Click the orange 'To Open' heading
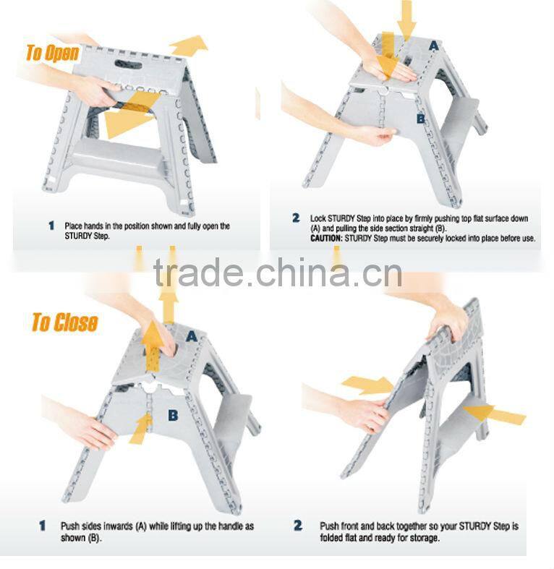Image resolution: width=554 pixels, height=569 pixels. pos(52,53)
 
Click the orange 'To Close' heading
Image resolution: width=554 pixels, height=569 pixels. pos(64,322)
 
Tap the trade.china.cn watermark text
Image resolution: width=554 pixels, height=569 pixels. pos(277,274)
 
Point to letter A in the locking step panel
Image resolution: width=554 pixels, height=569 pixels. pos(433,45)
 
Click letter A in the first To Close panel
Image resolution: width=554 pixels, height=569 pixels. pos(192,335)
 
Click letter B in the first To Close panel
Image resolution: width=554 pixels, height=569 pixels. pos(173,415)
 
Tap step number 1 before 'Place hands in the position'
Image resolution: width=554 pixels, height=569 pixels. pos(51,226)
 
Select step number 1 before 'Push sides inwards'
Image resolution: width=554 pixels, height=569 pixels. pos(43,526)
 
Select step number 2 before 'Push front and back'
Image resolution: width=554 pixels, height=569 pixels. pos(298,526)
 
